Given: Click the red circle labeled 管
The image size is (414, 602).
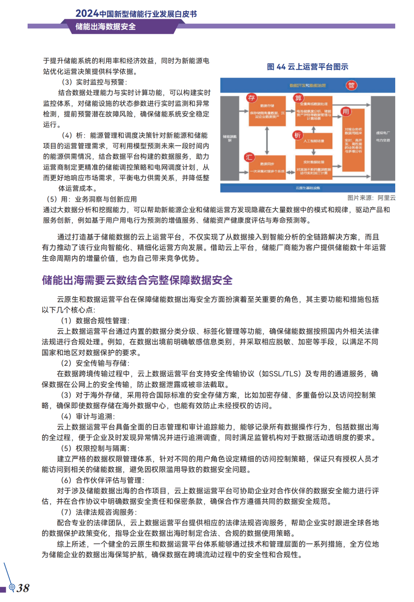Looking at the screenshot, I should pos(351,85).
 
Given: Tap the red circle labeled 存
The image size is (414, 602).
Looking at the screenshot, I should pos(251,98).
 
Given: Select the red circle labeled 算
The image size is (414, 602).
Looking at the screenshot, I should pos(298,98).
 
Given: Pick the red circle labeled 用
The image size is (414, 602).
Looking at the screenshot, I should pos(346,111).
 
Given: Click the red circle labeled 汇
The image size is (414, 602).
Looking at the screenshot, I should pos(249,157).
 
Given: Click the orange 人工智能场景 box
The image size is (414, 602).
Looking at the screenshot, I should pos(314,141).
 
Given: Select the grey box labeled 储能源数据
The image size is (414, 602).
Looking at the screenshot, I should pos(230,138).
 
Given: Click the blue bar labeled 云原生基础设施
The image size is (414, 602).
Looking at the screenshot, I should pos(307,188).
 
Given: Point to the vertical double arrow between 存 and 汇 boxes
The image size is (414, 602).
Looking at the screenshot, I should pos(267,141).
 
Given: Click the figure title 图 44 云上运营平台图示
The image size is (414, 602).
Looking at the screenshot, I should pos(307,67).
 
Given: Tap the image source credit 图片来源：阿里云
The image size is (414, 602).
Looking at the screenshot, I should pos(371,198).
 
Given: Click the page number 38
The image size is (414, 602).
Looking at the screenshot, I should pos(23,588).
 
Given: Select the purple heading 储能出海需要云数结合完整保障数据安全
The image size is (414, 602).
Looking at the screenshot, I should pos(137,280).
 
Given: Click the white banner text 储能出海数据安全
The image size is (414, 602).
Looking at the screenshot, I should pos(105,27).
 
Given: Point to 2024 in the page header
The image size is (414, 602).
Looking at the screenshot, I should pos(87,13).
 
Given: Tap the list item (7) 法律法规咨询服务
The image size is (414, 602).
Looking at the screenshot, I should pos(99,512).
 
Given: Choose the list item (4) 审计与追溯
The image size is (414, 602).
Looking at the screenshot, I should pos(88,417).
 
